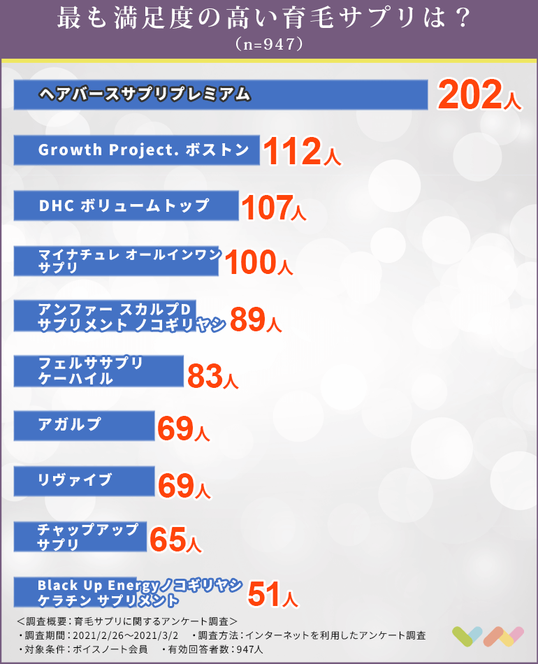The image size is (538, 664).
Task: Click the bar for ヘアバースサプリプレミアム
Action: coord(220,94)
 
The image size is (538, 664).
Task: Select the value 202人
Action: coord(479,95)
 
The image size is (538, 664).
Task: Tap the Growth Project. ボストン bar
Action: coord(137,150)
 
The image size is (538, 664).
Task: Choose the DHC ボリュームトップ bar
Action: coord(126,206)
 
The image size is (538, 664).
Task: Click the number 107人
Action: coord(273,208)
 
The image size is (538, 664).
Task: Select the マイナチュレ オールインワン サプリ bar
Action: coord(116,261)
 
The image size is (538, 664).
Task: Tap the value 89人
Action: coord(256,319)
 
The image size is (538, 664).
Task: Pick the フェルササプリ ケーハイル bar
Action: coord(99,371)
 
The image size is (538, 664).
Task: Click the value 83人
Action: coord(213,376)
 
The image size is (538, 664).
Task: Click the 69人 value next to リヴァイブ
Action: coord(184,485)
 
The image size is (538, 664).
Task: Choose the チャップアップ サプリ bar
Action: coord(80,537)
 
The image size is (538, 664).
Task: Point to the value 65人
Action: coord(175,540)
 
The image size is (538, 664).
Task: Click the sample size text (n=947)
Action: coord(269,43)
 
